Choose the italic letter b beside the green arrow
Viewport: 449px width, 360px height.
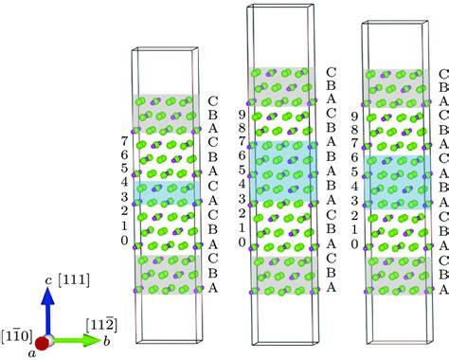94,339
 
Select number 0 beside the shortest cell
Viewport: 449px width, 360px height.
124,241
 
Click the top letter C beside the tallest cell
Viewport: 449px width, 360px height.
330,71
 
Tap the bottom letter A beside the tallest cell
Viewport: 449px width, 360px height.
330,286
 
